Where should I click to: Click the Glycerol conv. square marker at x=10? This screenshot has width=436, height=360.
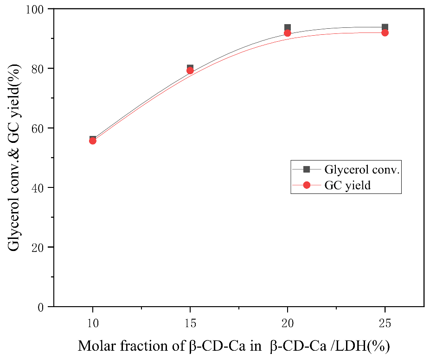pyautogui.click(x=93, y=139)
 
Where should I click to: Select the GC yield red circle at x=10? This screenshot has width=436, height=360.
pyautogui.click(x=93, y=141)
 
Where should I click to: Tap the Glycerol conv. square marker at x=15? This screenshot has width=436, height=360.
pyautogui.click(x=190, y=68)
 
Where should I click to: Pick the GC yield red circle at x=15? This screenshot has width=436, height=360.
pyautogui.click(x=190, y=71)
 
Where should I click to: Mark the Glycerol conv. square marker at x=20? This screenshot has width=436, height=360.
pyautogui.click(x=288, y=27)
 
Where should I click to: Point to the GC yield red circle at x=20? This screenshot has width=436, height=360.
pyautogui.click(x=288, y=33)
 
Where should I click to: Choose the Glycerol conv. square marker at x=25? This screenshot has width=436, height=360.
pyautogui.click(x=385, y=27)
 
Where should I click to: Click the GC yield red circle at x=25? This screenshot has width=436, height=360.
pyautogui.click(x=385, y=32)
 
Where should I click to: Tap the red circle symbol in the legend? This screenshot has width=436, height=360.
pyautogui.click(x=306, y=185)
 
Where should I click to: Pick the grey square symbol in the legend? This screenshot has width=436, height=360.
pyautogui.click(x=306, y=169)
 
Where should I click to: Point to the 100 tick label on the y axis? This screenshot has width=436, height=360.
pyautogui.click(x=36, y=9)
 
